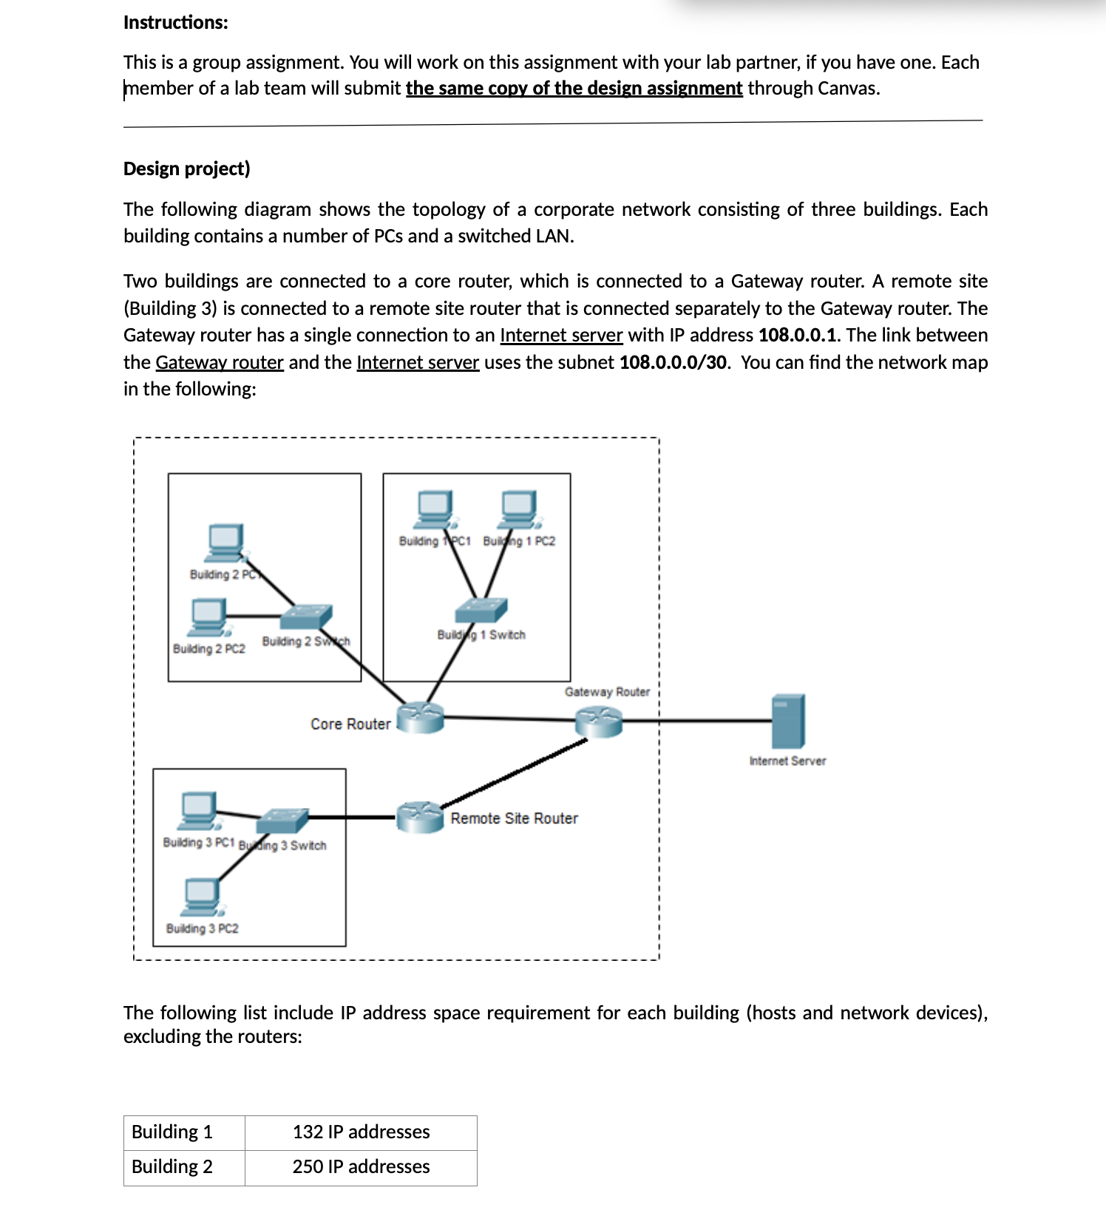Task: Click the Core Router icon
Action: pos(421,717)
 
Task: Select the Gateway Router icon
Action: pos(599,721)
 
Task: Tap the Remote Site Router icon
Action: pos(420,817)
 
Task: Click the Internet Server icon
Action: pos(787,721)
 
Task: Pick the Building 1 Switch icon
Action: pos(481,611)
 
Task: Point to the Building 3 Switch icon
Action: pos(282,820)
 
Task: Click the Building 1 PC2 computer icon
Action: pos(519,509)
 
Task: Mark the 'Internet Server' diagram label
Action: pos(787,761)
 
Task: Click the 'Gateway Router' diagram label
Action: pos(607,692)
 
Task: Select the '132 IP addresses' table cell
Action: pos(361,1132)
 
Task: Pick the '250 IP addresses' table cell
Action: pos(361,1167)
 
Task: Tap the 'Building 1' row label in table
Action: pos(172,1132)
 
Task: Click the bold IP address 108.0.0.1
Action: pos(798,336)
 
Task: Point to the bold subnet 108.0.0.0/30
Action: pos(673,363)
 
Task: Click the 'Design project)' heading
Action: pos(187,169)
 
